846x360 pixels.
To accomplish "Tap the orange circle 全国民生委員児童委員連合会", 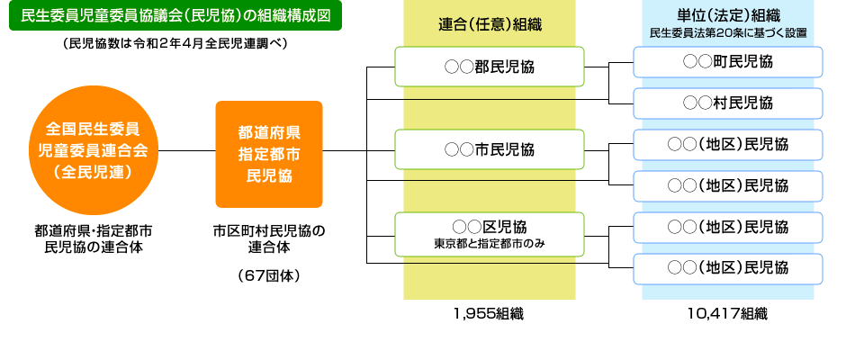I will tap(94, 149).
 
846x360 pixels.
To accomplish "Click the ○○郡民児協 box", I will tap(490, 66).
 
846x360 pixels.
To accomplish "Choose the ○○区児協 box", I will tap(490, 231).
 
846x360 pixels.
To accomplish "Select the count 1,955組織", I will tap(489, 314).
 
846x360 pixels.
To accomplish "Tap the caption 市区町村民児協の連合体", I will tap(268, 238).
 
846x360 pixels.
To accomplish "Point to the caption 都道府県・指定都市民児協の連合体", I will tap(94, 238).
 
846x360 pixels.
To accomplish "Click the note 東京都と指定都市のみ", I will tap(490, 243).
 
